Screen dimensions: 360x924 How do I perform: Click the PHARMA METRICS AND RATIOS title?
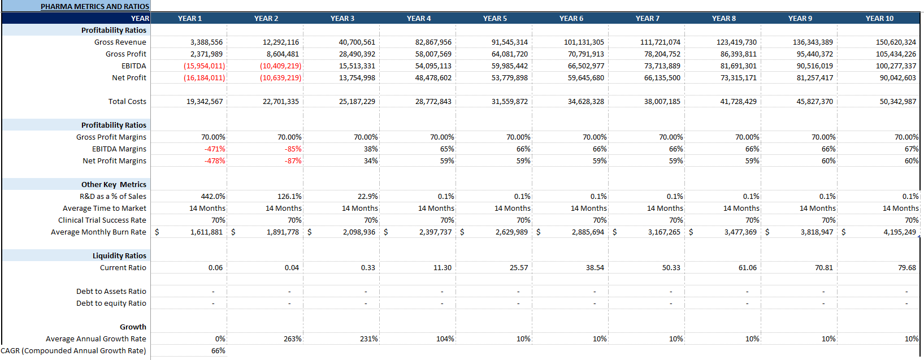tap(94, 7)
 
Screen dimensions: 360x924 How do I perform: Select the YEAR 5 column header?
tap(494, 19)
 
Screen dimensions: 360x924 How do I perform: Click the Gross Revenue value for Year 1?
tap(206, 42)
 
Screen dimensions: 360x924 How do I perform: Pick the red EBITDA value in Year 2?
tap(280, 66)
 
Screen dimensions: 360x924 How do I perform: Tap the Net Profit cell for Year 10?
tap(897, 78)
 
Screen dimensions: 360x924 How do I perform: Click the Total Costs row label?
tap(127, 102)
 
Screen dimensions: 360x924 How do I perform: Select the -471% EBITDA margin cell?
tap(215, 149)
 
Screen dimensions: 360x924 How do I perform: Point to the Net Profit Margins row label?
tap(114, 161)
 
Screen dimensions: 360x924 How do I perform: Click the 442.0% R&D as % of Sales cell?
tap(213, 197)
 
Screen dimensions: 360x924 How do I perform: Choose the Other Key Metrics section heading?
tap(114, 185)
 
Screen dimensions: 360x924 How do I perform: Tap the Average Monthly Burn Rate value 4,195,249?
tap(900, 232)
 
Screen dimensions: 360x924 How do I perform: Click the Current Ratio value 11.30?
tap(443, 268)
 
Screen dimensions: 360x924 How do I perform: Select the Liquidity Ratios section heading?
tap(119, 256)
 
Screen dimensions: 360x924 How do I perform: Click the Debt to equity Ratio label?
tap(111, 303)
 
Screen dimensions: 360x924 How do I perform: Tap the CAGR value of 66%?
tap(218, 351)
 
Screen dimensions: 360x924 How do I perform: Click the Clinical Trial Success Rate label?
tap(102, 220)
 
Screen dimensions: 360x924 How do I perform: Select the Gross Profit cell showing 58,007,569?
tap(433, 54)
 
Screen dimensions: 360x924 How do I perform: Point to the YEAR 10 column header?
tap(879, 19)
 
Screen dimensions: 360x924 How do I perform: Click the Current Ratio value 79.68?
tap(906, 268)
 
